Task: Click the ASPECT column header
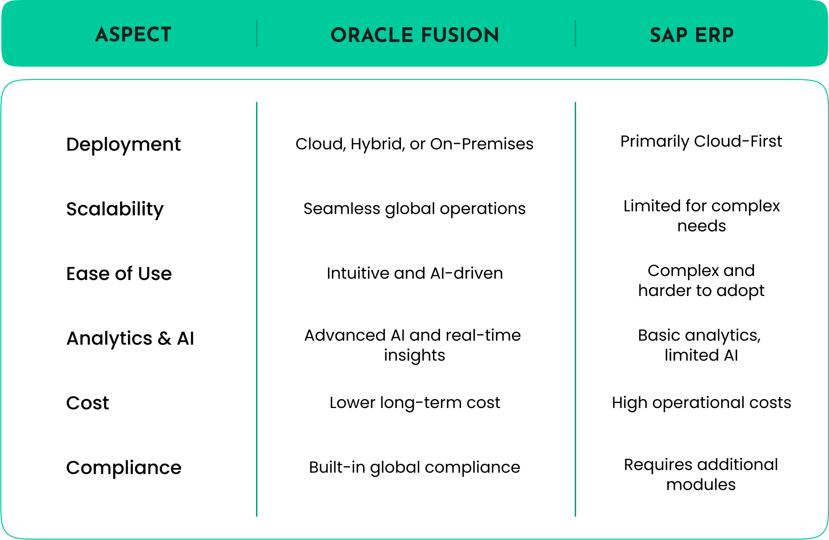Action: pyautogui.click(x=133, y=35)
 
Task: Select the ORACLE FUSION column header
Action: pyautogui.click(x=415, y=35)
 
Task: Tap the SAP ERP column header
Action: pyautogui.click(x=692, y=35)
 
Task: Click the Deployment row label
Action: pyautogui.click(x=124, y=145)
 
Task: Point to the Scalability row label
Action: pyautogui.click(x=115, y=209)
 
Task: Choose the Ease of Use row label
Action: pyautogui.click(x=119, y=274)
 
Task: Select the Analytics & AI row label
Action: pyautogui.click(x=130, y=339)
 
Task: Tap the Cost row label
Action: pyautogui.click(x=88, y=403)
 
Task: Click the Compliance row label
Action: pyautogui.click(x=124, y=468)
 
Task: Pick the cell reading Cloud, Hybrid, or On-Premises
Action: pyautogui.click(x=414, y=144)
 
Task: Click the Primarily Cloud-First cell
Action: pyautogui.click(x=701, y=141)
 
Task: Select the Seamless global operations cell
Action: pyautogui.click(x=414, y=209)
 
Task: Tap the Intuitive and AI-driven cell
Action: pyautogui.click(x=415, y=273)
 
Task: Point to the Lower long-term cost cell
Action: pyautogui.click(x=415, y=403)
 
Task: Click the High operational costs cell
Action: pyautogui.click(x=701, y=403)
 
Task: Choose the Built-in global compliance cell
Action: pyautogui.click(x=414, y=468)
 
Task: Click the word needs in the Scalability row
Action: pyautogui.click(x=701, y=226)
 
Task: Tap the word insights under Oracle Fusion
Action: pyautogui.click(x=414, y=356)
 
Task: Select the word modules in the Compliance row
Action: pyautogui.click(x=701, y=484)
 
